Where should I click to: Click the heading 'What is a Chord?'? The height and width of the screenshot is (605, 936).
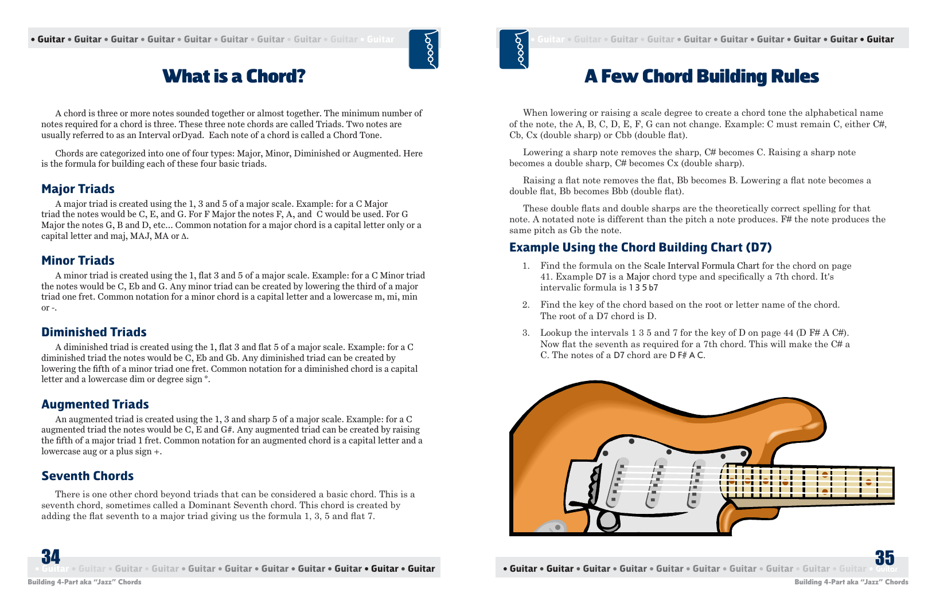tap(234, 76)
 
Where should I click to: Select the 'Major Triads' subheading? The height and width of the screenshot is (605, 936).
tap(78, 189)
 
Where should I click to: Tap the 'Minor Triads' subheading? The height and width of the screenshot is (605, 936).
tap(78, 261)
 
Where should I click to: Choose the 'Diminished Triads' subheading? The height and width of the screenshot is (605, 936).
tap(94, 332)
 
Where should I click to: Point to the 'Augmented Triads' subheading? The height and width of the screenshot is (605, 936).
tap(95, 404)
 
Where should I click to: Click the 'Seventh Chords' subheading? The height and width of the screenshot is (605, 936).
tap(88, 476)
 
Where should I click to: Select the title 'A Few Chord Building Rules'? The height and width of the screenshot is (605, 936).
tap(701, 76)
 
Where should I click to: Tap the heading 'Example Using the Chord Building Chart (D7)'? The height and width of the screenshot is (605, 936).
tap(641, 247)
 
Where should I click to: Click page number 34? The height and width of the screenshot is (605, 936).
tap(50, 557)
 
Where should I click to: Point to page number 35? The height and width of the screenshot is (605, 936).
tap(884, 557)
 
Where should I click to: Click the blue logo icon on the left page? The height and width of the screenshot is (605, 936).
tap(424, 49)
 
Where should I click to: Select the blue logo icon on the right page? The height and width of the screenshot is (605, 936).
tap(514, 49)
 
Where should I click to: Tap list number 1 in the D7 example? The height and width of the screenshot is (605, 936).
tap(525, 266)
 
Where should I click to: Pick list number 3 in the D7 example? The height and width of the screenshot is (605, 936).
tap(525, 333)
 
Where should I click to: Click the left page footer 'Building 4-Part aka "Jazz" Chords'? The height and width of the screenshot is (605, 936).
tap(85, 582)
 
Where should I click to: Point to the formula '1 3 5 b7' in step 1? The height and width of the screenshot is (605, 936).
tap(643, 288)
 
